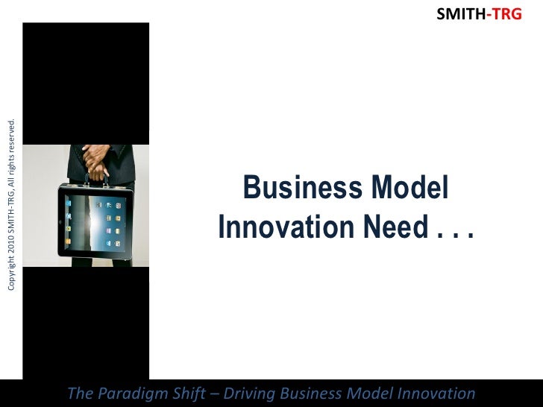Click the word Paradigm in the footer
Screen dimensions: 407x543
pyautogui.click(x=129, y=393)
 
